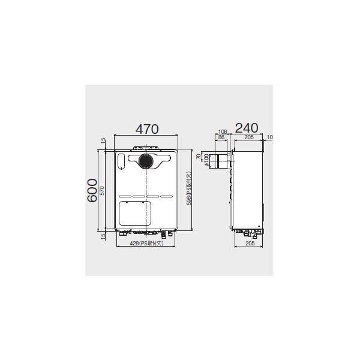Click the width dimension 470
point(146,128)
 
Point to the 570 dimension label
point(103,191)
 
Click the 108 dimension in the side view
point(222,131)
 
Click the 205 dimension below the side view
point(249,244)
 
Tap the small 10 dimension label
point(269,138)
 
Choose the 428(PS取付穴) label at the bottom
point(147,245)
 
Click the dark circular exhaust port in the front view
point(146,160)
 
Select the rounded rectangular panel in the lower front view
point(134,213)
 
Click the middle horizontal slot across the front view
point(146,196)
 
